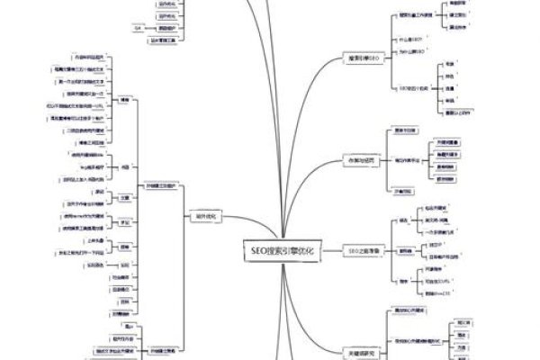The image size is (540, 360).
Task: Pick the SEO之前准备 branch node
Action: (364, 249)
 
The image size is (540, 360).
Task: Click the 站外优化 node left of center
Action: (206, 216)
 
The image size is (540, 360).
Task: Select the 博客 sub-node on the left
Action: (125, 100)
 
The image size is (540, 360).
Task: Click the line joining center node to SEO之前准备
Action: (330, 249)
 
